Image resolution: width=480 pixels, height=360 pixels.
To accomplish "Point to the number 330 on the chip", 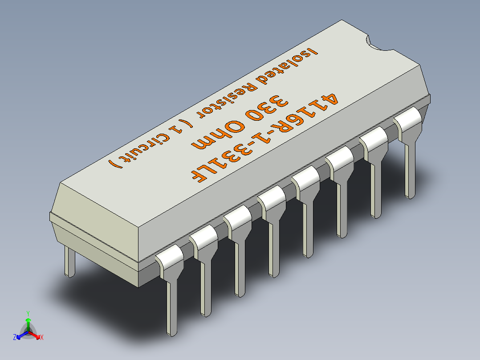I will (265, 110).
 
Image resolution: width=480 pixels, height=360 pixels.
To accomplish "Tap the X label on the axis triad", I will (42, 338).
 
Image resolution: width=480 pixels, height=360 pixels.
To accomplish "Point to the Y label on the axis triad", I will (28, 313).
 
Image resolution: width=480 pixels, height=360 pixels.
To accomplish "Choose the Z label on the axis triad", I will (15, 338).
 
